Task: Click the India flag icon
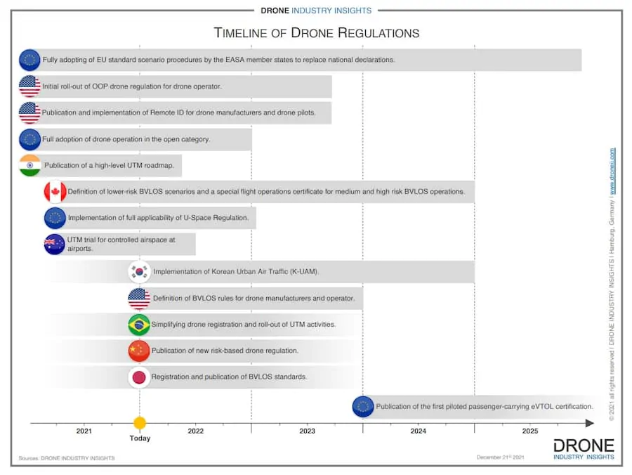click(29, 165)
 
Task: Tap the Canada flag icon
click(55, 191)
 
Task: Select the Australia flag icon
click(55, 244)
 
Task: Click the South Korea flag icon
click(139, 271)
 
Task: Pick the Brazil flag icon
click(139, 324)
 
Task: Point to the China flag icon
click(139, 350)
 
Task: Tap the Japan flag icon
click(139, 377)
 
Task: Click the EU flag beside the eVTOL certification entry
click(363, 406)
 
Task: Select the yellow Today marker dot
click(140, 423)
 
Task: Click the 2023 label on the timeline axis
click(307, 431)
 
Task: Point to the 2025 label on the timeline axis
click(530, 431)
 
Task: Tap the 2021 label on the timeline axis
click(84, 431)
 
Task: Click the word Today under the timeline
click(140, 438)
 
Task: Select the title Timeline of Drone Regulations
click(317, 33)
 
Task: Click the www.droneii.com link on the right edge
click(612, 171)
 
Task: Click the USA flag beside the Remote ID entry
click(29, 112)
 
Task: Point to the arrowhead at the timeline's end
click(590, 423)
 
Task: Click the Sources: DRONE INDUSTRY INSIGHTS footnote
click(67, 458)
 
